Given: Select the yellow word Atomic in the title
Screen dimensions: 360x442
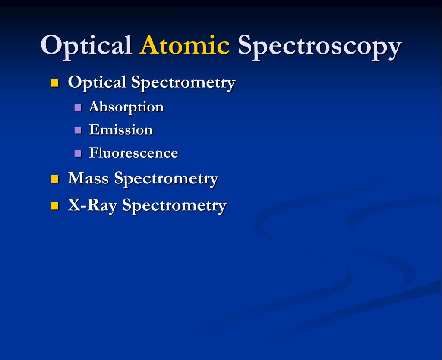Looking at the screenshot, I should pos(184,45).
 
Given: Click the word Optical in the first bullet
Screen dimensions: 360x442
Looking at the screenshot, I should pos(97,82).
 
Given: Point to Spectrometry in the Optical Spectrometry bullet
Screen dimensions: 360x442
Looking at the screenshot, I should pos(183,83).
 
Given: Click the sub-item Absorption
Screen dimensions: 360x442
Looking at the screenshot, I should pos(126,107).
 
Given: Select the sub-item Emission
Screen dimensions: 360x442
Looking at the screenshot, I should pos(121,130).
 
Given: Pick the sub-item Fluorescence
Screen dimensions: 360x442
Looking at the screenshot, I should pos(133,153).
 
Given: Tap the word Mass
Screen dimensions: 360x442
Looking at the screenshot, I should pos(88,178).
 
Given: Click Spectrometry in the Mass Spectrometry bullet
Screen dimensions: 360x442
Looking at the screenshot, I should pos(166,179).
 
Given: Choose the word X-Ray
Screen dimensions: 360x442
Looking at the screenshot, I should pos(92,205).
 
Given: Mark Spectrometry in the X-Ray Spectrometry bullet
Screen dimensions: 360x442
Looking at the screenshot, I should pos(174,205).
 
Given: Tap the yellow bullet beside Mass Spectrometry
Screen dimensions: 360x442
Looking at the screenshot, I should pos(54,179).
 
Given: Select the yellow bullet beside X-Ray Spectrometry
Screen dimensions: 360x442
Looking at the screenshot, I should pos(54,205).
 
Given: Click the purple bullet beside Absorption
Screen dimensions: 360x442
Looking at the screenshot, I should pos(78,107).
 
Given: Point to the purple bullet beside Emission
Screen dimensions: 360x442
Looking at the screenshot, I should pos(78,130).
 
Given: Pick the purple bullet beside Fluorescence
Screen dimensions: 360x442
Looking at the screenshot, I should pos(78,153).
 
